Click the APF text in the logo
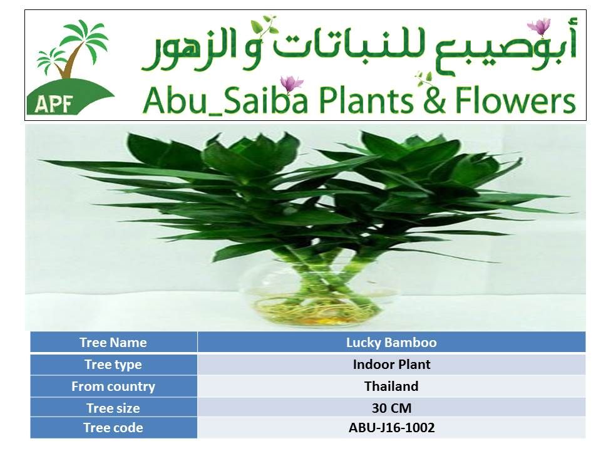[53, 104]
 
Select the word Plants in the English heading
[366, 100]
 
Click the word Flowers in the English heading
[515, 100]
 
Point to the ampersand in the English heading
[434, 101]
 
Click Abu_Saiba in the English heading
[225, 100]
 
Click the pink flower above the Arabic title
[539, 26]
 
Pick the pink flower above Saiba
[291, 83]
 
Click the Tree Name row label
[113, 342]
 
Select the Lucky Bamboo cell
[391, 342]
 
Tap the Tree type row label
[113, 365]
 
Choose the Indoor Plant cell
[391, 365]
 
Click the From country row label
[113, 386]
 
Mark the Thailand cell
[391, 386]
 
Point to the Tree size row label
[113, 408]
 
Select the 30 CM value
[391, 408]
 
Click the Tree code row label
[113, 428]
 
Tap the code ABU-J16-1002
[391, 428]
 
